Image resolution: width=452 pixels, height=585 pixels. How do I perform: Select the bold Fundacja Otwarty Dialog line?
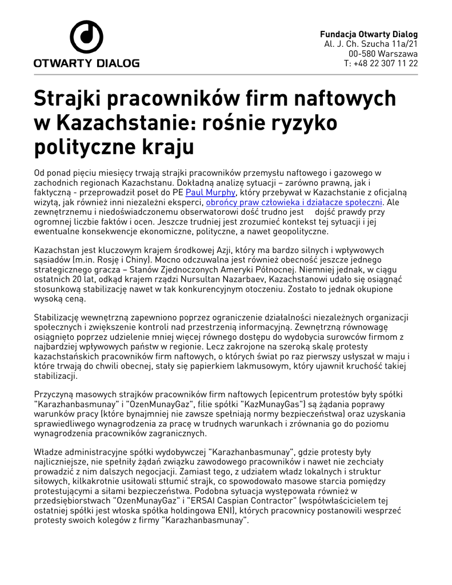click(369, 34)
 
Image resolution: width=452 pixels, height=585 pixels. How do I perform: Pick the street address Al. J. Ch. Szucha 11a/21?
click(371, 44)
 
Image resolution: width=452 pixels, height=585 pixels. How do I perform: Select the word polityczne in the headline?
click(83, 147)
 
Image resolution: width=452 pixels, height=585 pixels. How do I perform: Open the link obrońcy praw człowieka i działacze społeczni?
click(294, 202)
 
